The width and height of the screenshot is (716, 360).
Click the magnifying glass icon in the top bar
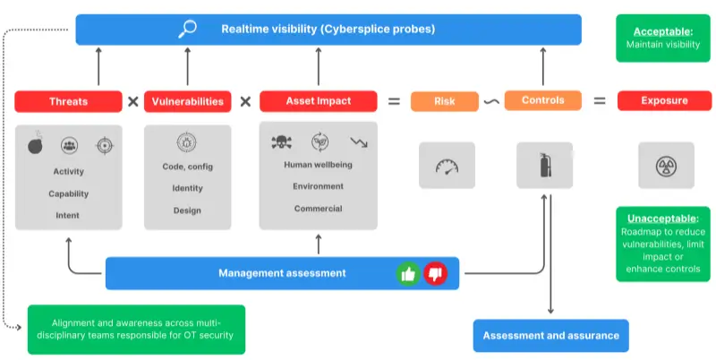coord(187,29)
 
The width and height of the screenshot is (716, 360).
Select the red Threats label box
coord(69,101)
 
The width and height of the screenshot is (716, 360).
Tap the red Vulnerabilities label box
coord(187,101)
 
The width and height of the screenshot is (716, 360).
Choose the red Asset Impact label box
coord(318,101)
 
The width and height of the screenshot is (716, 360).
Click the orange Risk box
coord(444,101)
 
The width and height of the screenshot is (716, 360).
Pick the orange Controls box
coord(543,100)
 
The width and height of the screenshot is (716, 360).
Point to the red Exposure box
coord(664,101)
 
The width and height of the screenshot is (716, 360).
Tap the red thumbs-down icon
coord(435,273)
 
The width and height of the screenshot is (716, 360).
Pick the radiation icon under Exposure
coord(665,166)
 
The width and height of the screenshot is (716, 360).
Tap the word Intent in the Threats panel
coord(67,215)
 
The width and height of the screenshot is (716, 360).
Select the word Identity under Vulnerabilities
coord(187,188)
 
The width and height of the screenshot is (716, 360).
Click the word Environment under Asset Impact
coord(318,186)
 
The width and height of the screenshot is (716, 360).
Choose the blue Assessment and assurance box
coord(550,336)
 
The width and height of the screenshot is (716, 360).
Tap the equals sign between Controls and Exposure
coord(600,101)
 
